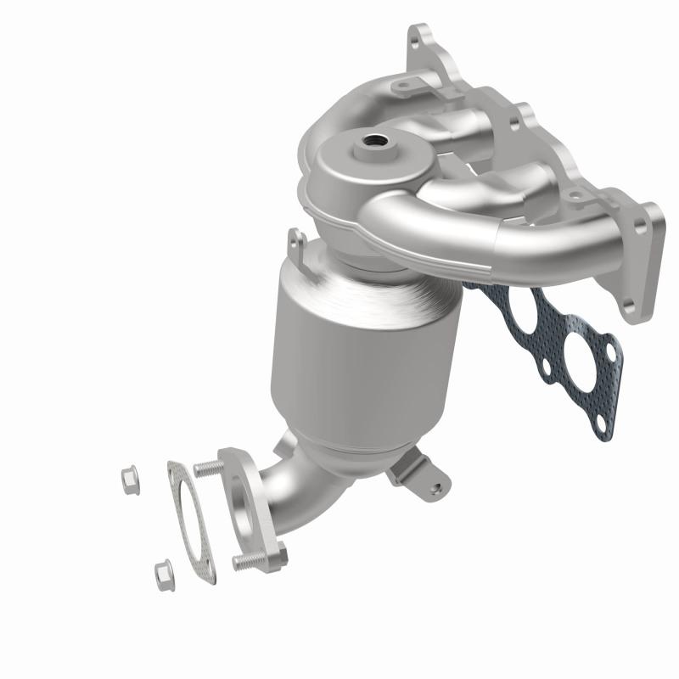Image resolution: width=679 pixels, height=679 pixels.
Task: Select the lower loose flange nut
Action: (x=162, y=574)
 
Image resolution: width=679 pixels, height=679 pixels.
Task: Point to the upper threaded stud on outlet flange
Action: (x=210, y=467)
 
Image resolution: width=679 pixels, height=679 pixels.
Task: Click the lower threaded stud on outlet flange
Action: (x=247, y=561)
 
